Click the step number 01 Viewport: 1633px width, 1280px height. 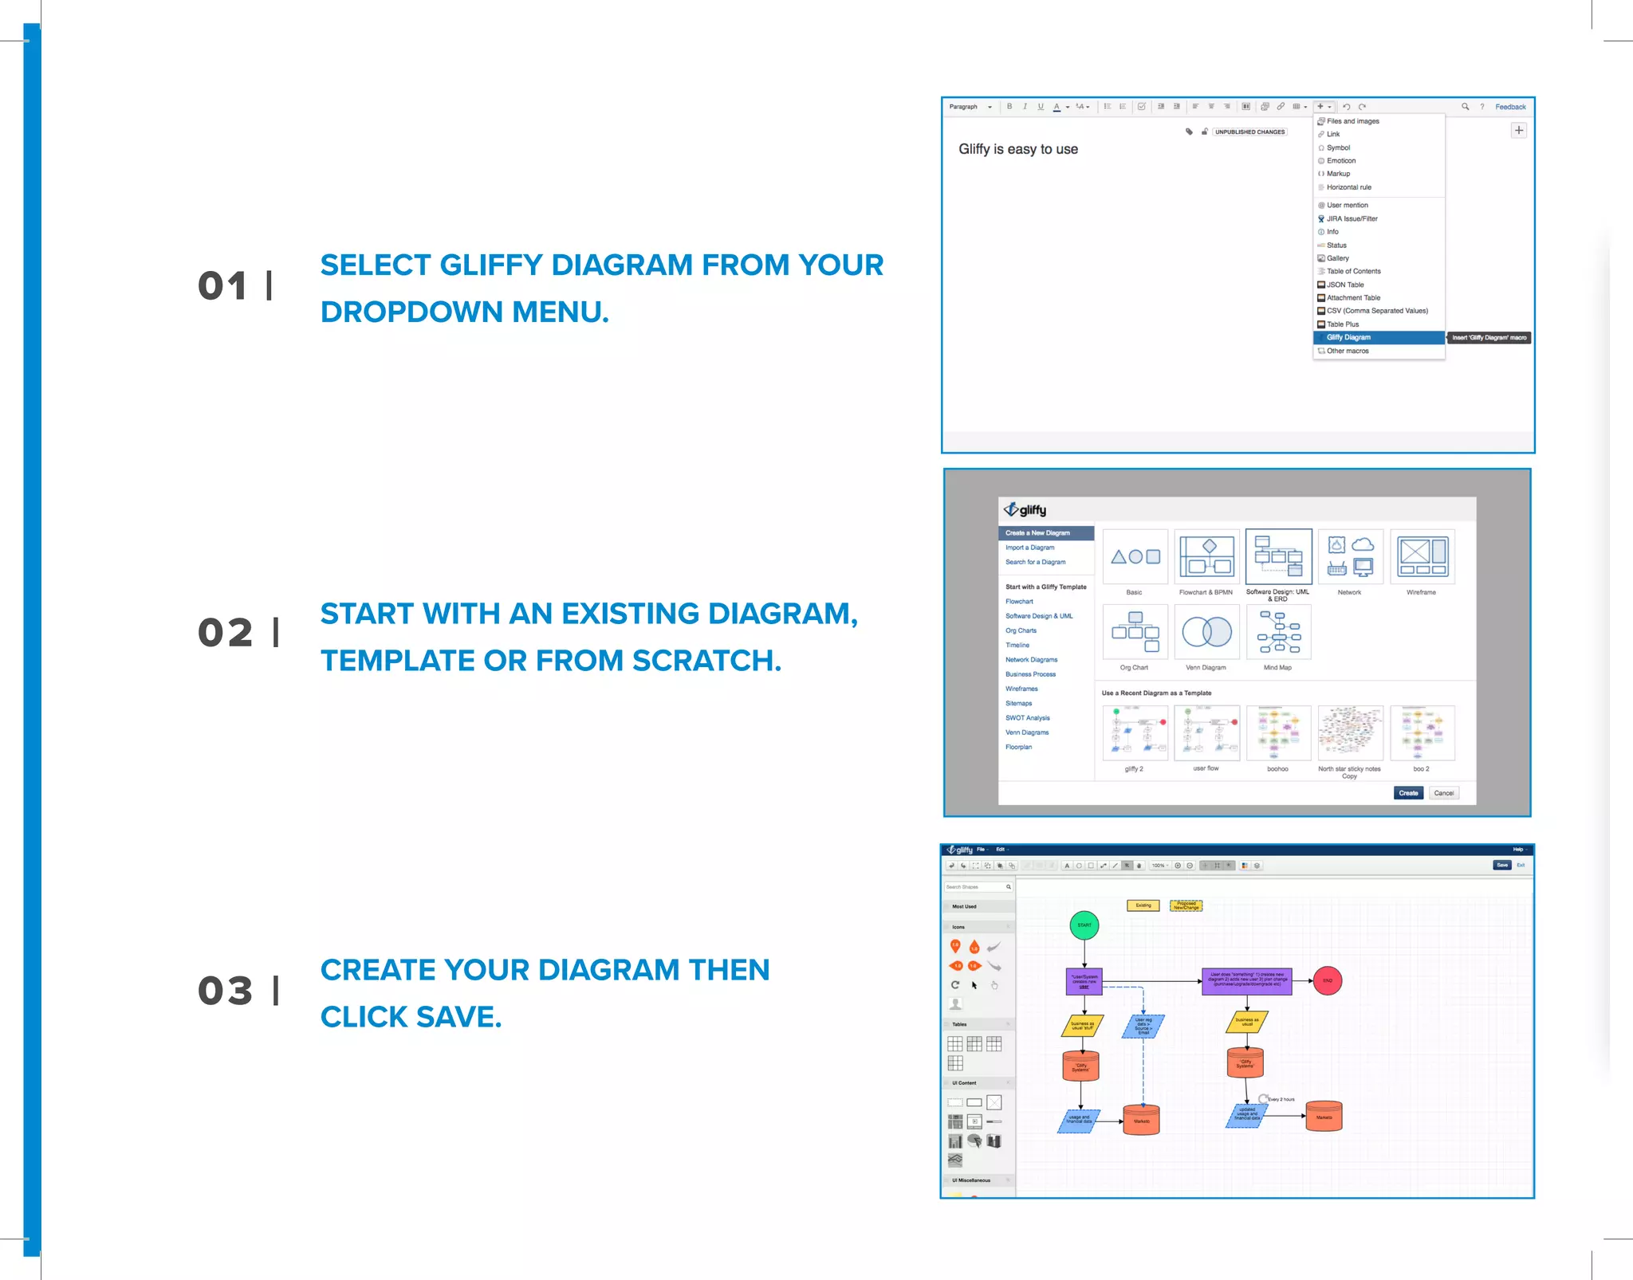223,286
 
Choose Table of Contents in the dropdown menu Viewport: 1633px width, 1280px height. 1353,272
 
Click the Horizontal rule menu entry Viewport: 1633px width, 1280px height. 1348,187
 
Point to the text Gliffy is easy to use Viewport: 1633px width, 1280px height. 1017,149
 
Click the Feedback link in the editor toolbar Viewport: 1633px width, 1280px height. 1509,107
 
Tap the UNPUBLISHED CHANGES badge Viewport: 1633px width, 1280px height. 1249,132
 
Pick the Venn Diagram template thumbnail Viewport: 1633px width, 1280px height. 1206,632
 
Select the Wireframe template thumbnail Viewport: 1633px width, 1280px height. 1422,556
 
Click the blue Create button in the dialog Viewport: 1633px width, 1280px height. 1408,793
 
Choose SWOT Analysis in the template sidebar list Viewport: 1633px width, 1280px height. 1027,718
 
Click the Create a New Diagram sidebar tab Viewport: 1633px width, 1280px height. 1045,533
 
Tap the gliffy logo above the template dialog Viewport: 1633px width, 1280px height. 1025,510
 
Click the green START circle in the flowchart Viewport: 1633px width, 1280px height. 1084,925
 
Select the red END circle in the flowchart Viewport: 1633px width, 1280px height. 1328,981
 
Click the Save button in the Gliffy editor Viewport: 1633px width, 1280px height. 1501,866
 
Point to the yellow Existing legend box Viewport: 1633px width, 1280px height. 1143,905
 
